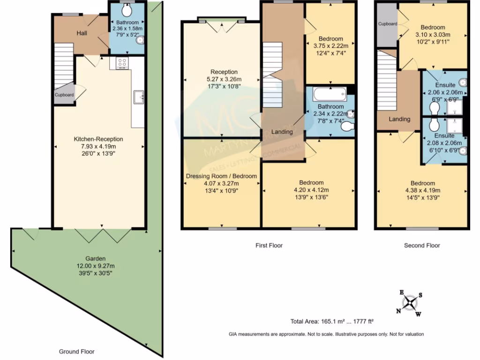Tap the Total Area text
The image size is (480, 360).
click(332, 322)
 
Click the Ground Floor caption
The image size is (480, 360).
click(76, 352)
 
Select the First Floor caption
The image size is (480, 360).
click(269, 245)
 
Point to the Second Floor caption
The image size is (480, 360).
click(422, 245)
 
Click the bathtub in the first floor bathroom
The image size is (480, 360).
click(330, 94)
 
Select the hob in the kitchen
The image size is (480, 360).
click(122, 62)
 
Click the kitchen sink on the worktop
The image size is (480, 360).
click(138, 97)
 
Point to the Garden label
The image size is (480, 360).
click(95, 258)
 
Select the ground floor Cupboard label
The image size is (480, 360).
click(64, 95)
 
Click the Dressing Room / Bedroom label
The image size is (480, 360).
click(221, 176)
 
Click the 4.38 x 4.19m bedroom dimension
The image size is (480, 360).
click(423, 190)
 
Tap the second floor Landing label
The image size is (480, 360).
click(399, 119)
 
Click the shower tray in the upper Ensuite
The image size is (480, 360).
click(454, 108)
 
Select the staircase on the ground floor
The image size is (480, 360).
click(63, 66)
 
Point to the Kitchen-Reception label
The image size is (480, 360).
click(98, 139)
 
